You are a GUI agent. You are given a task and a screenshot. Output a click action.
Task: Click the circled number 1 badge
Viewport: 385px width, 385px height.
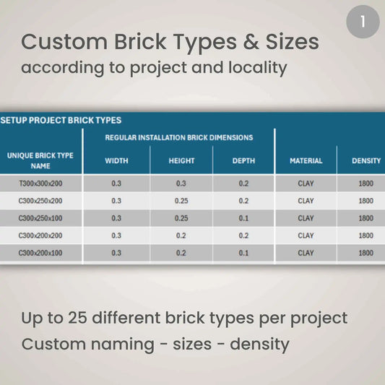pos(363,21)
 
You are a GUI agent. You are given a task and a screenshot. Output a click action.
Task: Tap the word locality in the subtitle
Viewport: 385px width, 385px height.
pos(248,69)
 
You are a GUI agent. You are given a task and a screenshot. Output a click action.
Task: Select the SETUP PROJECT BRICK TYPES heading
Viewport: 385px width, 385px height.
pos(61,121)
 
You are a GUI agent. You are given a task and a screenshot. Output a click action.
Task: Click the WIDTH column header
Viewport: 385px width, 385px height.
pos(116,161)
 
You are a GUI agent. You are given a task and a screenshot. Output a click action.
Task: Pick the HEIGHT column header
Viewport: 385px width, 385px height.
pos(181,161)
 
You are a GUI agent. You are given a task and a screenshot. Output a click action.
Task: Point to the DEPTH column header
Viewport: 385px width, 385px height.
pos(243,161)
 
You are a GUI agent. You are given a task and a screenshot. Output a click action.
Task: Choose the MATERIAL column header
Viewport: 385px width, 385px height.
pos(306,161)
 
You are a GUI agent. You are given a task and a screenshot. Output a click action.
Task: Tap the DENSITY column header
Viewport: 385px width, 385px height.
pos(365,161)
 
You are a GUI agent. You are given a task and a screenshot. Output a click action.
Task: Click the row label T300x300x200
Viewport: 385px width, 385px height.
pos(40,183)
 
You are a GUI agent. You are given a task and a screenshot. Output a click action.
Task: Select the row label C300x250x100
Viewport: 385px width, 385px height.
pos(40,218)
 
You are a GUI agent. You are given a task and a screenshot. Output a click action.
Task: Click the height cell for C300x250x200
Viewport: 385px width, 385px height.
pos(181,201)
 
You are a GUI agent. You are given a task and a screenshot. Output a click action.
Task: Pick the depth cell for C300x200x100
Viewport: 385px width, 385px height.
pos(243,253)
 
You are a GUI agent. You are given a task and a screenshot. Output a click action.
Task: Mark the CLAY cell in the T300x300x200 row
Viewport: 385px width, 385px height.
pos(306,183)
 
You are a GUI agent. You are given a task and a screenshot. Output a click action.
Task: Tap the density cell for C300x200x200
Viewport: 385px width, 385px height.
pos(365,235)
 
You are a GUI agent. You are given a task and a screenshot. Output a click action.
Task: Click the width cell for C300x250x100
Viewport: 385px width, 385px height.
pos(116,218)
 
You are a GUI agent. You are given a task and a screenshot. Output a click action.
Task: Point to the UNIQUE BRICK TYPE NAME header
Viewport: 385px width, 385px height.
pos(40,160)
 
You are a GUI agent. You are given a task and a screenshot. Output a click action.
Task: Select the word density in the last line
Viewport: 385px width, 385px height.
pos(259,344)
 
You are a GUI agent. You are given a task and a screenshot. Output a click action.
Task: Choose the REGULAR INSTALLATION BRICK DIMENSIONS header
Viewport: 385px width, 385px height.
pos(179,137)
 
